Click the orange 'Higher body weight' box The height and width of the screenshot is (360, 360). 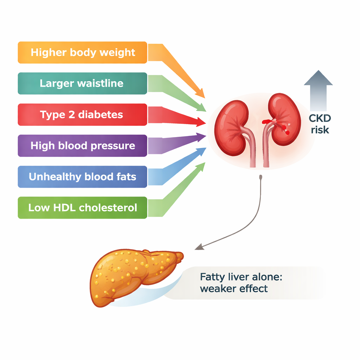click(x=82, y=53)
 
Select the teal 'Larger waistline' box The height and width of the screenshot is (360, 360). click(x=82, y=84)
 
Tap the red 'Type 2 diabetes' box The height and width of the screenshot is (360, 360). click(x=82, y=115)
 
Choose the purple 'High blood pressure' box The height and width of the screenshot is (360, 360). click(x=82, y=146)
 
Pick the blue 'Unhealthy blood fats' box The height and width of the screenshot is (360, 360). click(x=82, y=176)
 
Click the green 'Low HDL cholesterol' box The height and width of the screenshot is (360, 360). click(x=82, y=207)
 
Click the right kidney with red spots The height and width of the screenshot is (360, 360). click(x=284, y=120)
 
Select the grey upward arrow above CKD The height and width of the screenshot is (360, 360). click(x=318, y=90)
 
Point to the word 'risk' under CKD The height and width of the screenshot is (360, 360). click(x=320, y=130)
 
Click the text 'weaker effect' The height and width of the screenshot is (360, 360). click(x=234, y=289)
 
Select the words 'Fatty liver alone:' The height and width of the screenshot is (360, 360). click(x=241, y=277)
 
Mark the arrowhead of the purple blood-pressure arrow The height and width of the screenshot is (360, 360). click(x=202, y=136)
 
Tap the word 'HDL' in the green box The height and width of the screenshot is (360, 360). click(x=64, y=207)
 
